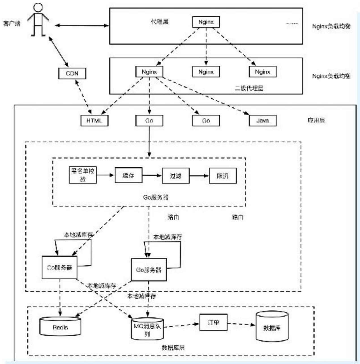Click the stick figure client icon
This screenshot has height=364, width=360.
[x=38, y=20]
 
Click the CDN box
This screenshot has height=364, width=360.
[x=72, y=74]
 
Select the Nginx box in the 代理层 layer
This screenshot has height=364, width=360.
[x=206, y=22]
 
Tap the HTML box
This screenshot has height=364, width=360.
[x=94, y=121]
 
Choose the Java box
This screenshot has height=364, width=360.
[x=262, y=121]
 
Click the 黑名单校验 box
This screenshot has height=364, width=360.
[x=83, y=175]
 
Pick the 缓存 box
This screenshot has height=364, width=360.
[x=128, y=175]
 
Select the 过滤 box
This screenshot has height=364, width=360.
[x=175, y=176]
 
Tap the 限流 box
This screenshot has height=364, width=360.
[x=222, y=176]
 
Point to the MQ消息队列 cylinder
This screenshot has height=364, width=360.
[x=147, y=329]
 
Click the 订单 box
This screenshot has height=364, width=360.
[x=213, y=322]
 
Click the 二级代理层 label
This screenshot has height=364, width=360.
[x=249, y=88]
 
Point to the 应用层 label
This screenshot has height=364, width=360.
[x=316, y=120]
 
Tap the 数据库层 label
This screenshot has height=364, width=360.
[x=173, y=348]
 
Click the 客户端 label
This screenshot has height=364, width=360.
[x=12, y=23]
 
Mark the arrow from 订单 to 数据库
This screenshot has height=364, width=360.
[x=241, y=324]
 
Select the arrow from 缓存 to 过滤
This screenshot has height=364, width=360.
[x=152, y=175]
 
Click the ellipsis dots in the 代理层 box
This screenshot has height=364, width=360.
[x=292, y=23]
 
